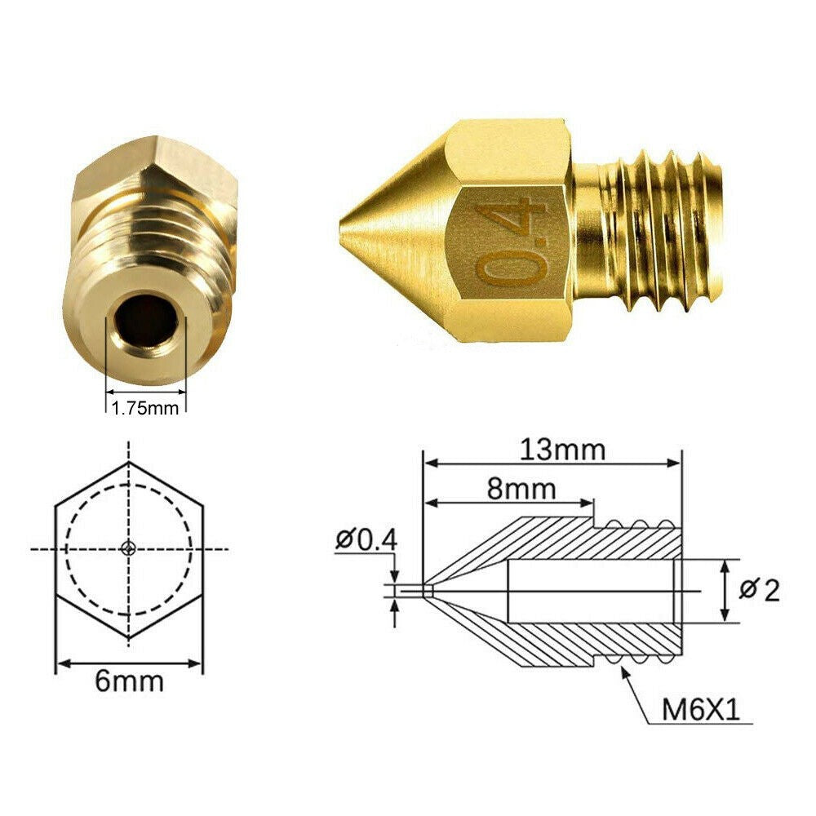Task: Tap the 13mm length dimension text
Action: point(552,450)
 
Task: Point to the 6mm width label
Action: point(129,681)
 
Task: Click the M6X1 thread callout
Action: point(700,710)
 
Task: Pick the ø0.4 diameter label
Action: point(365,539)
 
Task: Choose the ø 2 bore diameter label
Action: point(759,589)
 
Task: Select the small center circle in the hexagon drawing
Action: point(129,548)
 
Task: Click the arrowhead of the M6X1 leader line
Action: point(625,672)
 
